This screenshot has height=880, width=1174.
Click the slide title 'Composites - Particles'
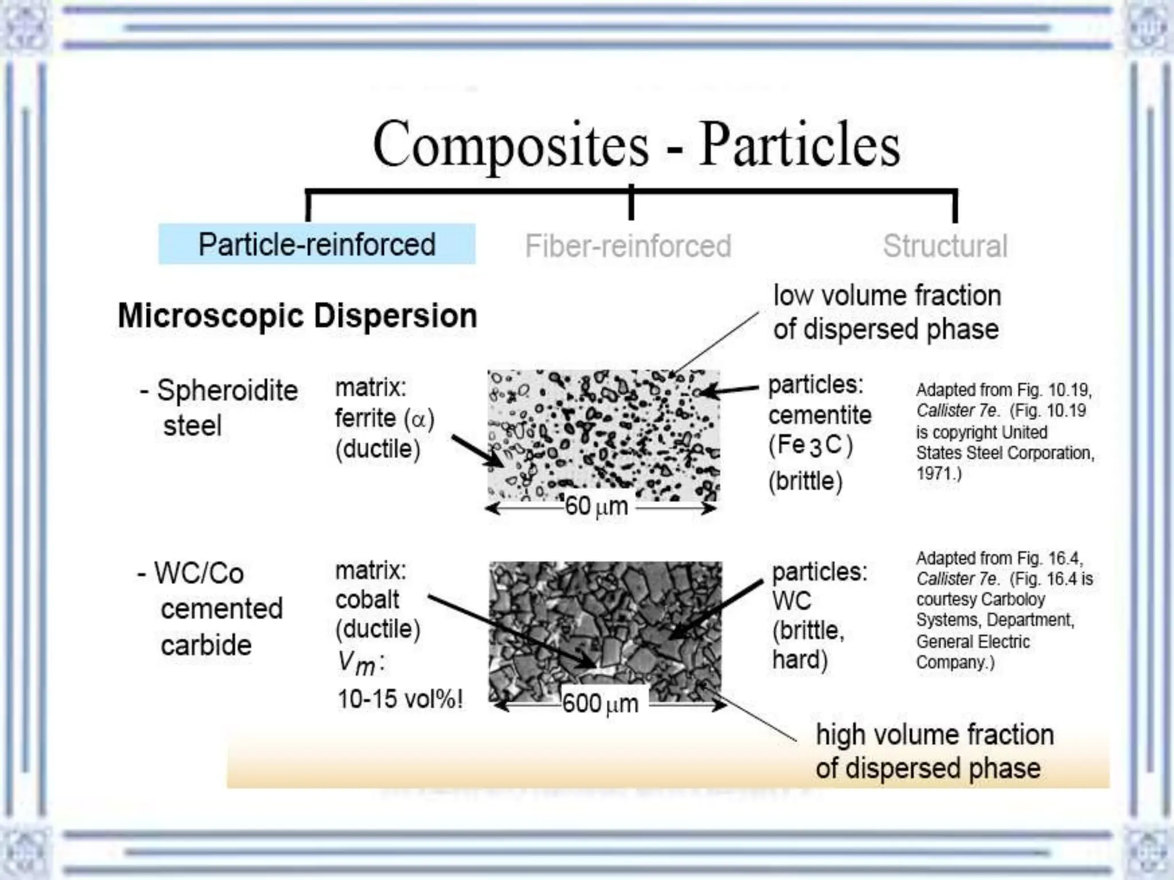tap(636, 144)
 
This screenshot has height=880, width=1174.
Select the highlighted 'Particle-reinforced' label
tap(317, 245)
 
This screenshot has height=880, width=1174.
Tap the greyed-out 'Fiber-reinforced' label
tap(628, 246)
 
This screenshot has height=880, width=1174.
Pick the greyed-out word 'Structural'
tap(945, 246)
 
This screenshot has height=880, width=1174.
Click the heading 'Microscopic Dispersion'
tap(297, 316)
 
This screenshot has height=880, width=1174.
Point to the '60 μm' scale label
tap(596, 506)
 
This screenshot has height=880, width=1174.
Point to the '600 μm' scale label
tap(600, 704)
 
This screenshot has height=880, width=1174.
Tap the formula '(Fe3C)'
tap(811, 445)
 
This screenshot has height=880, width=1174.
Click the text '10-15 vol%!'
tap(400, 699)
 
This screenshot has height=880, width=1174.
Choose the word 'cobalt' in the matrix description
tap(367, 600)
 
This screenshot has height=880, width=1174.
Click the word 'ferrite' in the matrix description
tap(365, 418)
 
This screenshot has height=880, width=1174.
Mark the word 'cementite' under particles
tap(820, 415)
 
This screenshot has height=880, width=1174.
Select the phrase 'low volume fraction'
tap(887, 296)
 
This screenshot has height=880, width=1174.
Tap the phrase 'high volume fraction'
tap(934, 735)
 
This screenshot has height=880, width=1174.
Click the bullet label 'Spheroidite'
tap(227, 391)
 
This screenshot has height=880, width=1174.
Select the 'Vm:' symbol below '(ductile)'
tap(360, 663)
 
